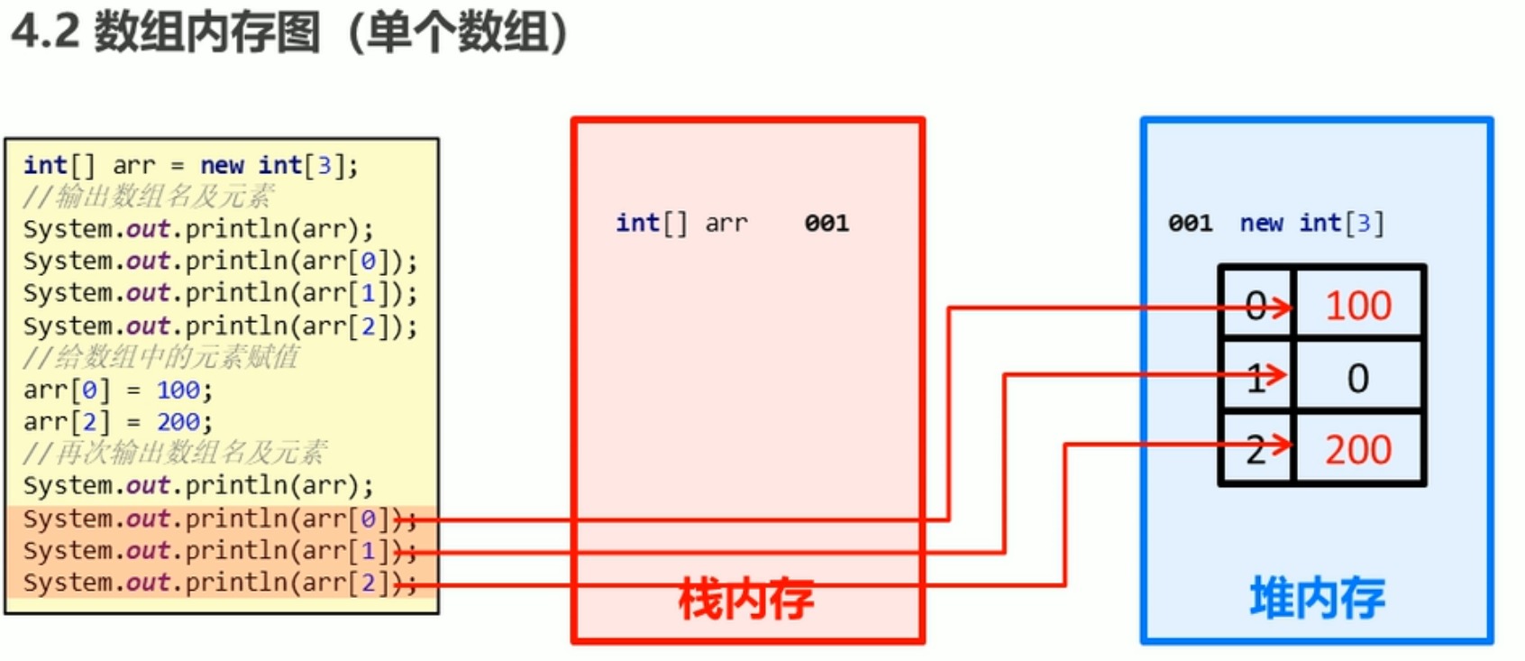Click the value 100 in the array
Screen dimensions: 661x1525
1358,306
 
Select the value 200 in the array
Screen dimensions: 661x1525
1358,449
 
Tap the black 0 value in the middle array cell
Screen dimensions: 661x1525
1358,378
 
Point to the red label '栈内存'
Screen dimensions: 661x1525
746,599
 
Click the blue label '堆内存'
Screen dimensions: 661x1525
1317,598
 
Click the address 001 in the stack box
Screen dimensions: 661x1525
826,223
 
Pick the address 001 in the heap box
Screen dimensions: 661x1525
1190,223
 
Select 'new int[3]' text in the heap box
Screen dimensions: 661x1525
1311,223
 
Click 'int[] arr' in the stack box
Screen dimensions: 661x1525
681,223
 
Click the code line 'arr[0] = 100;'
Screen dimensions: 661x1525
118,390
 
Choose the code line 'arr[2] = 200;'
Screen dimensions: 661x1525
118,421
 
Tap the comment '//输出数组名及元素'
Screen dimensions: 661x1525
149,197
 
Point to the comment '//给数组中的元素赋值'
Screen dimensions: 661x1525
161,357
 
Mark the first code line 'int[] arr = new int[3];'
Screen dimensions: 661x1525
190,165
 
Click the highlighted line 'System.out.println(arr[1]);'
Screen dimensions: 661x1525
220,551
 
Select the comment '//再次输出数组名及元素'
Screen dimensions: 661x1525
175,453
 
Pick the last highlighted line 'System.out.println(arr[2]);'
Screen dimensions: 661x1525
220,583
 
